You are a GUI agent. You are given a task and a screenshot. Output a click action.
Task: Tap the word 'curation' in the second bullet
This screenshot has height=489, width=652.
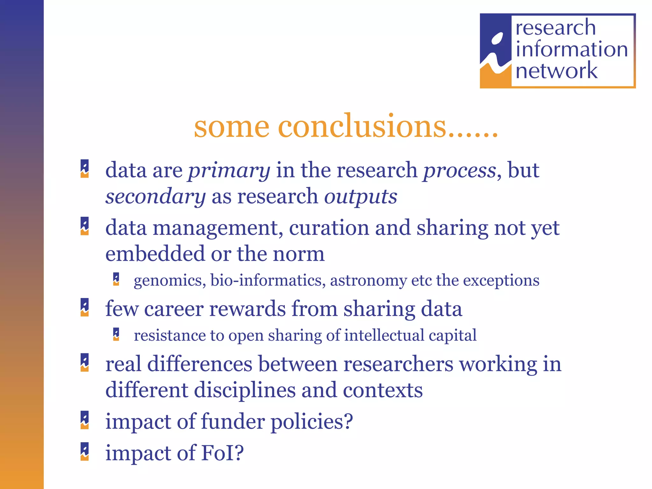pyautogui.click(x=329, y=228)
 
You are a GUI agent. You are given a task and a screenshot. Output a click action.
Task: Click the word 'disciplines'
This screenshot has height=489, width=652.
pyautogui.click(x=245, y=391)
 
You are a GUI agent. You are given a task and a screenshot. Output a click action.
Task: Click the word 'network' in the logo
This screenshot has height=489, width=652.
pyautogui.click(x=556, y=71)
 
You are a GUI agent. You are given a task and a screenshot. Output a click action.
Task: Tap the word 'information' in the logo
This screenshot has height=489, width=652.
pyautogui.click(x=571, y=49)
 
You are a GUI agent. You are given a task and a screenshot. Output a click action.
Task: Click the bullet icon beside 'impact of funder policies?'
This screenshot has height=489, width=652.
pyautogui.click(x=85, y=420)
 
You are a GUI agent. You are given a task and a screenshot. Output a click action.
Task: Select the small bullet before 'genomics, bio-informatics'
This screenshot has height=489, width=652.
pyautogui.click(x=116, y=279)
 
